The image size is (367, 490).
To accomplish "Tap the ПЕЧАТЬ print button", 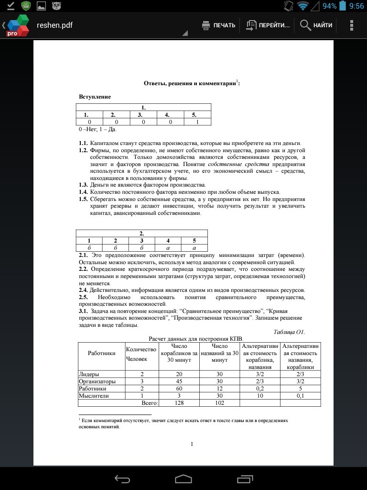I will click(x=219, y=25).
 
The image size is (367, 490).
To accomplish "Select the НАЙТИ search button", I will click(x=316, y=25).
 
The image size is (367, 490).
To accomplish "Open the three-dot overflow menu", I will click(x=352, y=25).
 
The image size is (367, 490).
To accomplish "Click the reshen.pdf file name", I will click(x=54, y=25).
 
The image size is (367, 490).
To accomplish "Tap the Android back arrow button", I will click(x=122, y=479).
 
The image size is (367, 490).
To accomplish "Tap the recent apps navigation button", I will click(x=245, y=479).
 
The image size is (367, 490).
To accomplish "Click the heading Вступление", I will click(x=95, y=97).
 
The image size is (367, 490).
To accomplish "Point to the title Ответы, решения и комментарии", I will click(x=190, y=83).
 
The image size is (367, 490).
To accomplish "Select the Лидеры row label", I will click(x=89, y=374).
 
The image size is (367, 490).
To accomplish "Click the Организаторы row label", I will click(x=97, y=381).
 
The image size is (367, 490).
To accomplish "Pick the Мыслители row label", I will click(x=94, y=396).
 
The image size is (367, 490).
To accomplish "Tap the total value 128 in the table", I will click(x=179, y=403).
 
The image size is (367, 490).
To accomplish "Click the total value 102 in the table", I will click(x=220, y=403).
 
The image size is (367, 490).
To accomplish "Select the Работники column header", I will click(x=101, y=353).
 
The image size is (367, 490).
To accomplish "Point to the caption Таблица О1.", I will click(x=289, y=332).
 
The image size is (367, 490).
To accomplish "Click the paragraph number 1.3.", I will click(x=83, y=185).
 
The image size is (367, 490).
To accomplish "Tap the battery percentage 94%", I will click(x=329, y=6).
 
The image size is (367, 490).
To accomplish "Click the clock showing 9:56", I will click(x=356, y=6).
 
